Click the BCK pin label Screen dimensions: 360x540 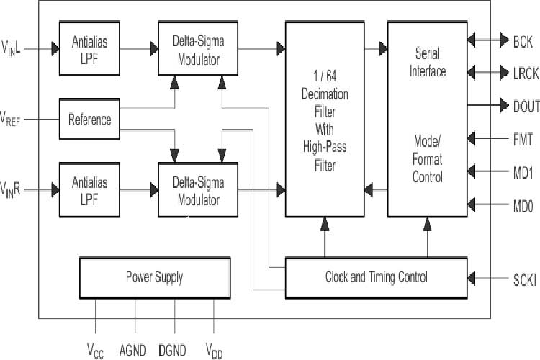[x=522, y=41]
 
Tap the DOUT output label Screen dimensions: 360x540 [x=526, y=107]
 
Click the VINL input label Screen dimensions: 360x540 [x=15, y=49]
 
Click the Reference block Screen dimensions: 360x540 [x=89, y=120]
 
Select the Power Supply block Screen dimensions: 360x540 [x=154, y=276]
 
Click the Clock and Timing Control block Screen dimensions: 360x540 [x=376, y=276]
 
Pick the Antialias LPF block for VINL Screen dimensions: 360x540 [x=89, y=48]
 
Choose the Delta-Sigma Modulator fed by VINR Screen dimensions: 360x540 [x=198, y=191]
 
